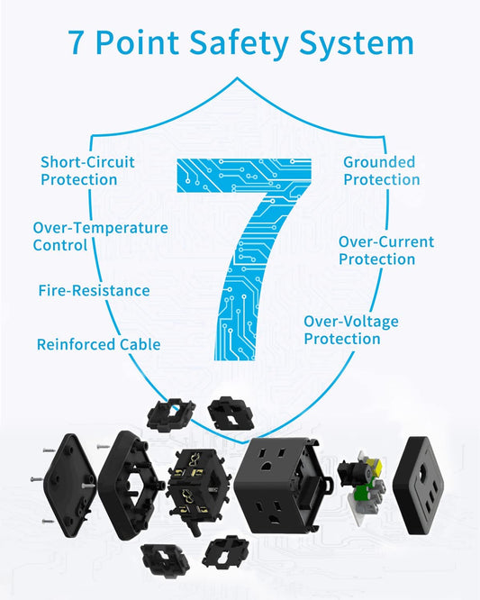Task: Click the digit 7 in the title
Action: pos(76,42)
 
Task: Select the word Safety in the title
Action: pos(239,43)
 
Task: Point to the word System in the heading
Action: pos(357,44)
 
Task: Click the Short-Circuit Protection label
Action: pos(87,170)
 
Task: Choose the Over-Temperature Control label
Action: pos(100,236)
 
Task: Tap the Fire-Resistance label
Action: pos(94,290)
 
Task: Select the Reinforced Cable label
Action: pos(99,344)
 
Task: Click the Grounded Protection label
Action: pos(381,170)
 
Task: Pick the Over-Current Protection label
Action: pos(386,250)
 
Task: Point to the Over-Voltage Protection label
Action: pos(351,330)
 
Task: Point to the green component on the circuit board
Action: pos(362,493)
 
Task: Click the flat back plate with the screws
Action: pos(69,485)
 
